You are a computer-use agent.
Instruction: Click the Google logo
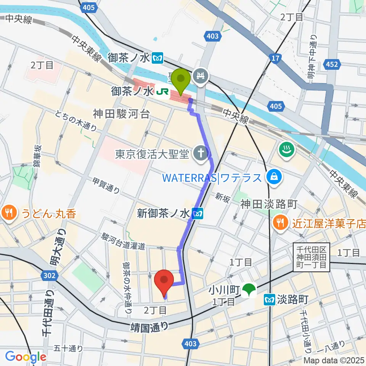click(26, 357)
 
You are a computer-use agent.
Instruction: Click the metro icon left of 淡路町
click(270, 300)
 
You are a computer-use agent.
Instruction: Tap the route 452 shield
click(332, 64)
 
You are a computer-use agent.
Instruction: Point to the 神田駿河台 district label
click(121, 113)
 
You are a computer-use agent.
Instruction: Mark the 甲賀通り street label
click(106, 186)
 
